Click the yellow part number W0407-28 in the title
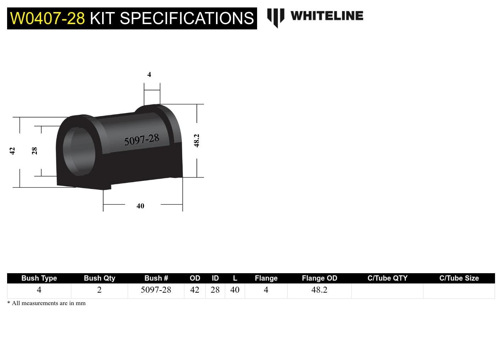48,18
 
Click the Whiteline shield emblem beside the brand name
276,17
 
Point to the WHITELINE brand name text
327,16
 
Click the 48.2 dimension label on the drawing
197,141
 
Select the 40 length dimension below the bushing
140,206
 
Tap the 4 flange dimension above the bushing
149,74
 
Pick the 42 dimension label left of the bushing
12,151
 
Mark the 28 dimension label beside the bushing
34,151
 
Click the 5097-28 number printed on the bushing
141,140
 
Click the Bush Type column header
39,278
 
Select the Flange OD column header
319,278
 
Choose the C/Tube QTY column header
387,278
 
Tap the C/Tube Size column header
459,278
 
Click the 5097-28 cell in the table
156,290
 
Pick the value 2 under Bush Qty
99,290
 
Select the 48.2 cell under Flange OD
319,290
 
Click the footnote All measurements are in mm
48,303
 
